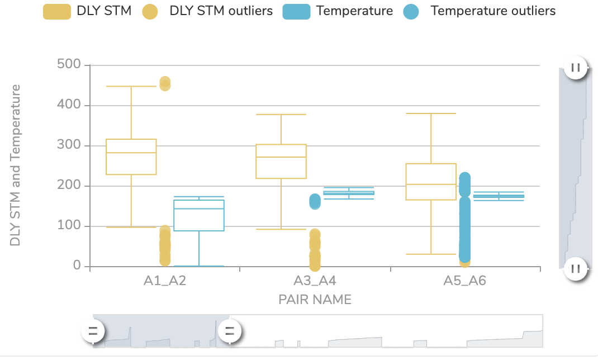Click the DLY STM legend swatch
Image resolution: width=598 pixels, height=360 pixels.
pos(57,12)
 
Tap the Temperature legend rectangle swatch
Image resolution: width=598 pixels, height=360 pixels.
pos(296,12)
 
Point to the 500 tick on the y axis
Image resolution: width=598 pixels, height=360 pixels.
pos(69,65)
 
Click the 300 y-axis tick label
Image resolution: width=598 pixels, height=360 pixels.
pos(69,145)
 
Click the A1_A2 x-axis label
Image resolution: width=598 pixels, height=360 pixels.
pos(165,281)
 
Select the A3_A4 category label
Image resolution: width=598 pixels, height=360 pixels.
pos(315,281)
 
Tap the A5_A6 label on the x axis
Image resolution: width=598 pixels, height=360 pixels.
pos(464,281)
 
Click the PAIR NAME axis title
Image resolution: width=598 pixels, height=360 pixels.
pos(315,300)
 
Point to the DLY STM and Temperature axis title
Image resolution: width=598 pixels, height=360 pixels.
pos(16,165)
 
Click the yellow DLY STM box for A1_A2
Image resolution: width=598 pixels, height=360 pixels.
pos(131,157)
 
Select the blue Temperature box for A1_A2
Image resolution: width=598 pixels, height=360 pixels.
pos(199,215)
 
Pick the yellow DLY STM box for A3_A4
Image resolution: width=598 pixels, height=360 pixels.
pos(281,162)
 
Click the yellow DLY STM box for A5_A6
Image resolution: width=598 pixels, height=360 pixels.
pos(431,182)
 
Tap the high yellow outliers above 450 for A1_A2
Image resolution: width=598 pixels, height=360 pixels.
pos(165,83)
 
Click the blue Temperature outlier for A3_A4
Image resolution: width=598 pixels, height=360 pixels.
pos(315,201)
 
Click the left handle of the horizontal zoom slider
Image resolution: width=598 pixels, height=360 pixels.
pos(93,330)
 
